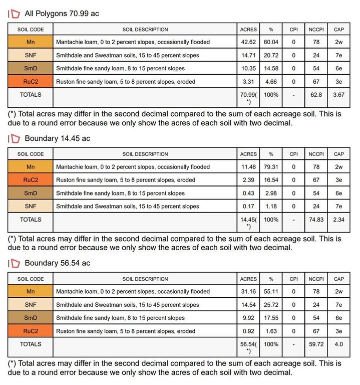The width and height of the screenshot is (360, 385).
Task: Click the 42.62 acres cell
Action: point(248,42)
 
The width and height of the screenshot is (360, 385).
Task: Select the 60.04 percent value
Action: point(271,42)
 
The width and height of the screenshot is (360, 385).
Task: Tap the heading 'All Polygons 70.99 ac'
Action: point(62,14)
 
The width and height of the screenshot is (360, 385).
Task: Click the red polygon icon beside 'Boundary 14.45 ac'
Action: point(16,138)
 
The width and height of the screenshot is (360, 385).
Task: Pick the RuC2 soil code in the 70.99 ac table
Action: point(31,81)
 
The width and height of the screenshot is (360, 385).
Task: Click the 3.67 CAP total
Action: point(338,94)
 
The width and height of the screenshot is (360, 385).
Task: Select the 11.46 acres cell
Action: point(248,167)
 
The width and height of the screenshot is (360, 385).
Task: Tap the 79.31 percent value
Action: point(271,167)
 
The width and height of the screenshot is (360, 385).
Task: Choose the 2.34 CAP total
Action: point(338,219)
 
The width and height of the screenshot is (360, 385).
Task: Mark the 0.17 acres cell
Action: point(248,206)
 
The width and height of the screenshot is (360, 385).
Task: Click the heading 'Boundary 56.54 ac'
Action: point(57,263)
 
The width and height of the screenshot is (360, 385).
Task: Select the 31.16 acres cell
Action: point(248,292)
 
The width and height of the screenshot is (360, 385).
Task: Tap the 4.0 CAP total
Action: point(338,344)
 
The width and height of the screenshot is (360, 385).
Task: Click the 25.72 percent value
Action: point(271,305)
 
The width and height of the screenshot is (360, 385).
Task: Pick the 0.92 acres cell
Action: point(248,331)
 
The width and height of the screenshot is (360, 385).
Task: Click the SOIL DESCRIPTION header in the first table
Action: point(145,29)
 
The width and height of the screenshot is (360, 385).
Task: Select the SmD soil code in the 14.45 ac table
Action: point(31,193)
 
